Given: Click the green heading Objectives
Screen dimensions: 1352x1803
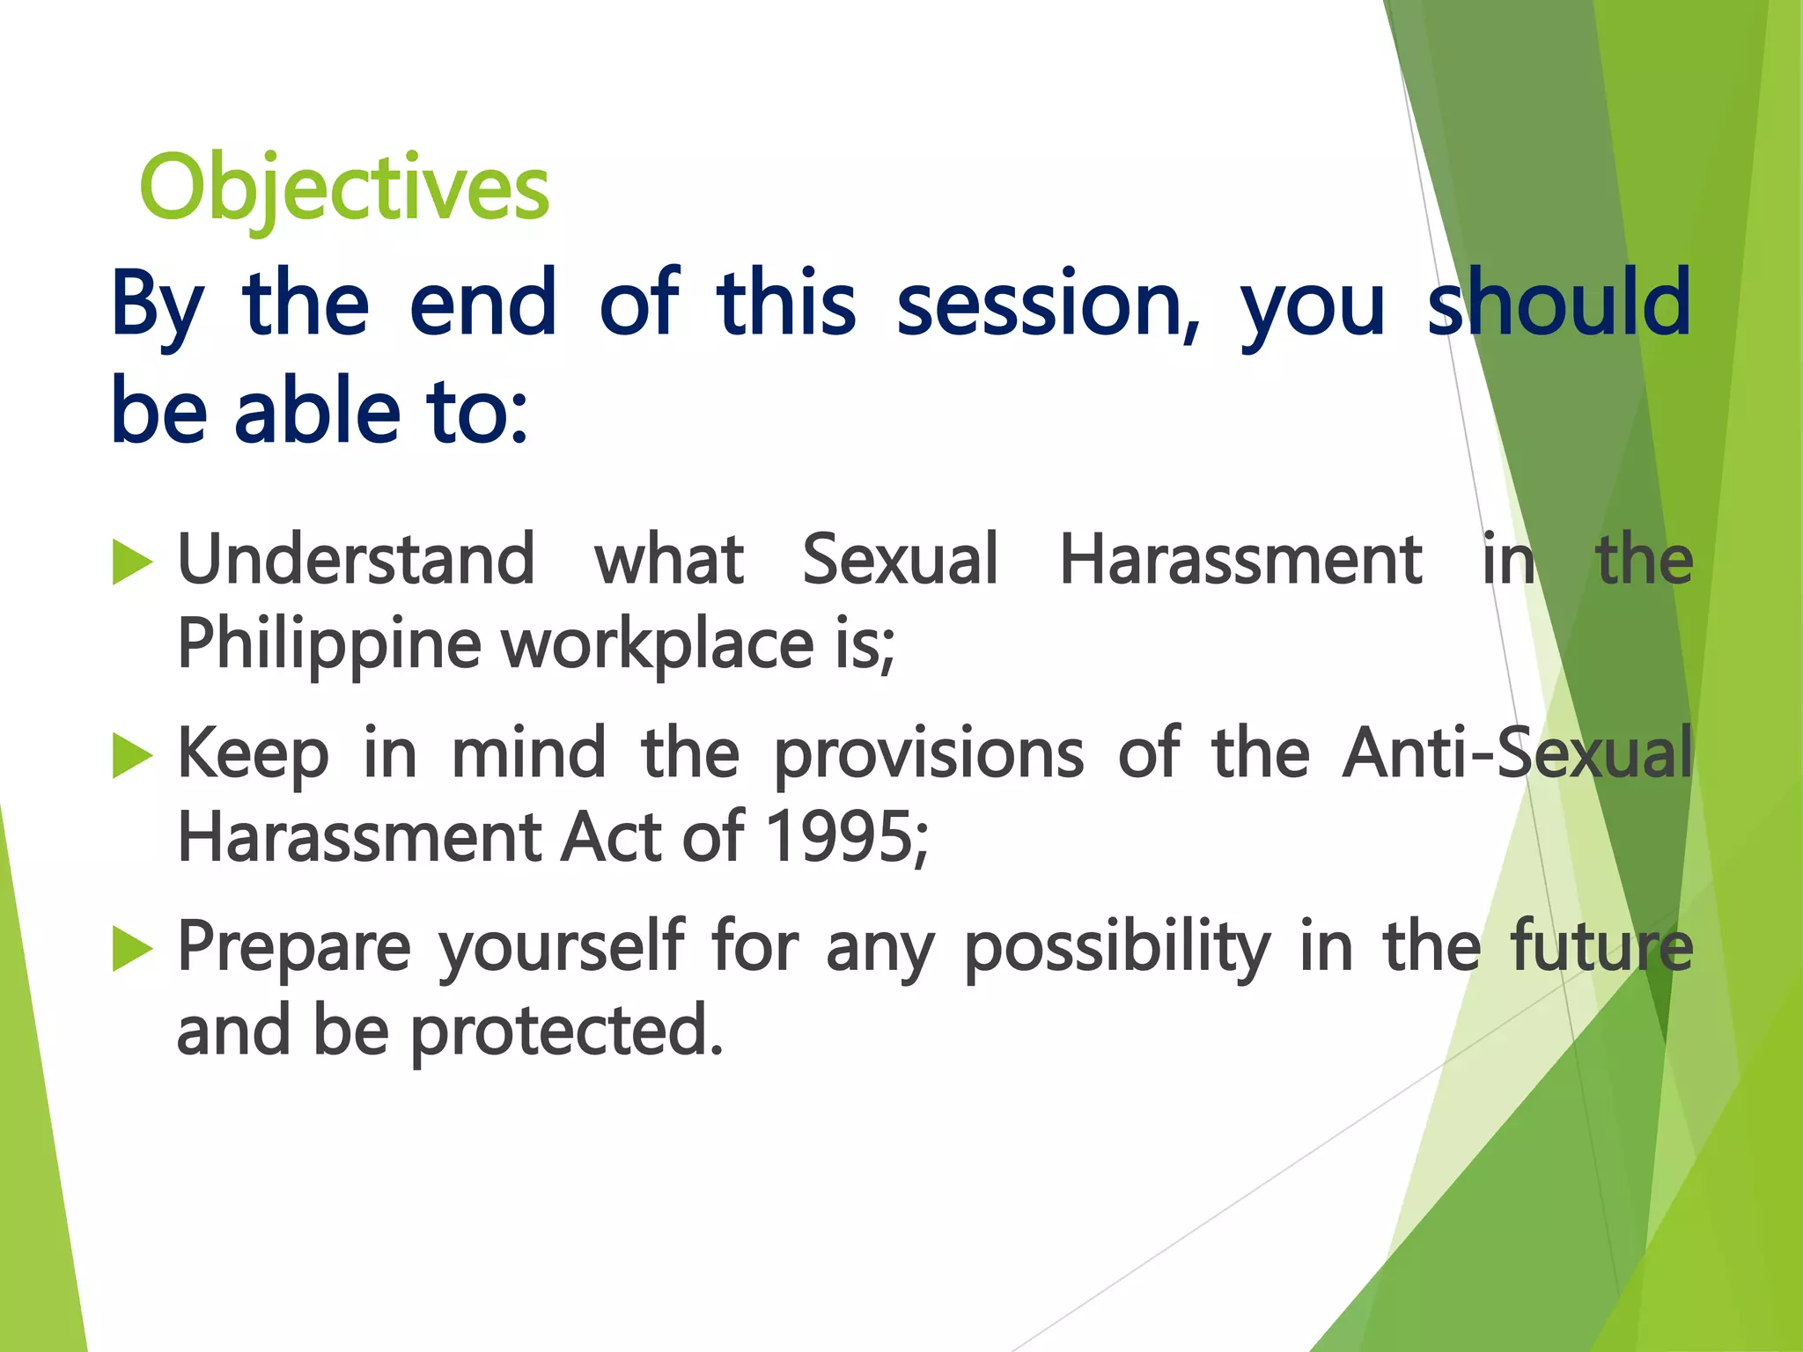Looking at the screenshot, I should tap(344, 188).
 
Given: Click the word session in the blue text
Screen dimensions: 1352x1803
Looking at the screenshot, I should tap(1047, 304).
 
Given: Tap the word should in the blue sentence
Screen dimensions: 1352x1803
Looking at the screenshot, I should tap(1558, 304).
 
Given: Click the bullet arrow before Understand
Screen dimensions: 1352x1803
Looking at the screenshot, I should tap(133, 563).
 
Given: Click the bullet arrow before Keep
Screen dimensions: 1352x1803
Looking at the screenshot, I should tap(133, 757).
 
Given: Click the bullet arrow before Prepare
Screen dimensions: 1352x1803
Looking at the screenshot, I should tap(133, 951).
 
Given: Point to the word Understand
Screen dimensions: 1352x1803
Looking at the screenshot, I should tap(356, 560).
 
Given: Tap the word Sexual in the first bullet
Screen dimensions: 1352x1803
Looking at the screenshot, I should tap(900, 560).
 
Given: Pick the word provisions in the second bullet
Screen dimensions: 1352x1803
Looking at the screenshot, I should tap(929, 754).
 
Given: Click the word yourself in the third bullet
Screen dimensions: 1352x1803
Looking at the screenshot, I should tap(562, 948).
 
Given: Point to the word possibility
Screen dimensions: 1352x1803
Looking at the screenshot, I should tap(1117, 948).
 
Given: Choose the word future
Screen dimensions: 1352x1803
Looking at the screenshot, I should tap(1601, 948).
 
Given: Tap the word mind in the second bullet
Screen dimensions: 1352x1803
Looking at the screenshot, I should tap(528, 754).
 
